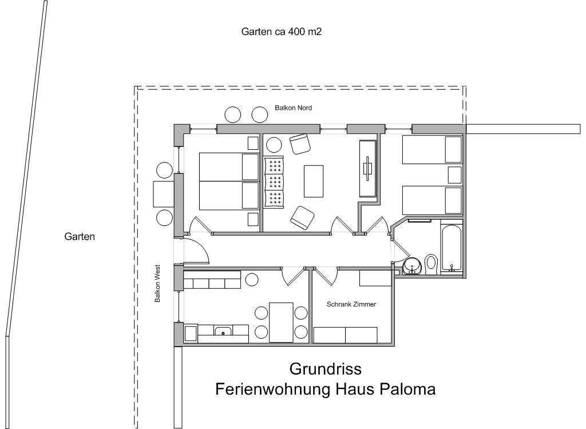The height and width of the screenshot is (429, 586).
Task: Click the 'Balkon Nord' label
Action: coord(293,108)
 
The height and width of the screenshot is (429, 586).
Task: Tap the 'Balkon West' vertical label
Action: coord(157,284)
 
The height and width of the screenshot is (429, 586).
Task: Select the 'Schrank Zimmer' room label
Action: coord(351,304)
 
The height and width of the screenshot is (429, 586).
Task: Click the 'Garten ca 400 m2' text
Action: coord(282,32)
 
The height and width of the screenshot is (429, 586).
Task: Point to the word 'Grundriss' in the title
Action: coord(326,369)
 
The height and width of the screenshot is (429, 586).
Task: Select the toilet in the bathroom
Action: coord(431,264)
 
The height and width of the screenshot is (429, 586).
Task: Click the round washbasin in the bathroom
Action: coord(413,266)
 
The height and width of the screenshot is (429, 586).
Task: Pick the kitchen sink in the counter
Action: coord(223,331)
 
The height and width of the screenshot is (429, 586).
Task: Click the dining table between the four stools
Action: coord(281,323)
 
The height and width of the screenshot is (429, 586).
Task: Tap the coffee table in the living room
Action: coord(314,181)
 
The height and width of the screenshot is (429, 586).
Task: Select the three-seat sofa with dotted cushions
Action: coord(274,181)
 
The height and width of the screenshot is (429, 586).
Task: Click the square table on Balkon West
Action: coord(164,194)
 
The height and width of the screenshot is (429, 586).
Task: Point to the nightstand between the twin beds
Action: coord(454,175)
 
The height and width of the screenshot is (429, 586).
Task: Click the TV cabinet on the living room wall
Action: coord(368,169)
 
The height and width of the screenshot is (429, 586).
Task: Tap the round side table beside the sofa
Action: coord(274,145)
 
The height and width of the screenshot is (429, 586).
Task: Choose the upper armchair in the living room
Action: coord(300,144)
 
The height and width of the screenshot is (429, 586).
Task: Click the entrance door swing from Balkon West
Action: coord(197,250)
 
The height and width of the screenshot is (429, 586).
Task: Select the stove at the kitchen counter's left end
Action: coord(191,333)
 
